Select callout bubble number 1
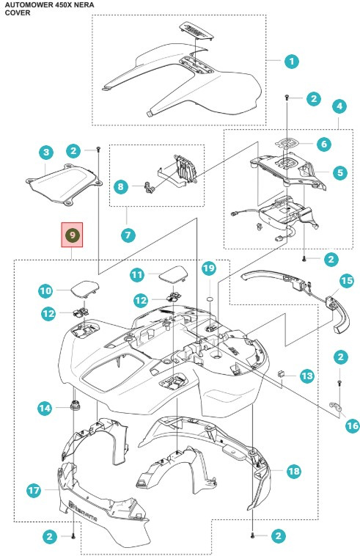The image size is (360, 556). point(292,62)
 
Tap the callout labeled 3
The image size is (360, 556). point(46,153)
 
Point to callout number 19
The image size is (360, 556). point(208,268)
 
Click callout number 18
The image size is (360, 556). point(293,471)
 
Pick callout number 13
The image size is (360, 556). point(306,376)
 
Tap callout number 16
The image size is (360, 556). point(353,425)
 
